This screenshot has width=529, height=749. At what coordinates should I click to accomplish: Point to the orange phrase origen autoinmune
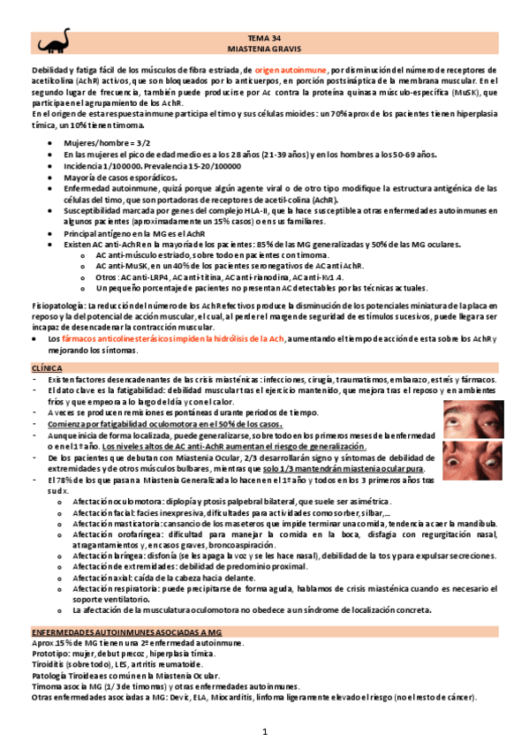pyautogui.click(x=291, y=69)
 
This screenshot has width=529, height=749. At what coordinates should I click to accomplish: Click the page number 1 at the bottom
pyautogui.click(x=264, y=734)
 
